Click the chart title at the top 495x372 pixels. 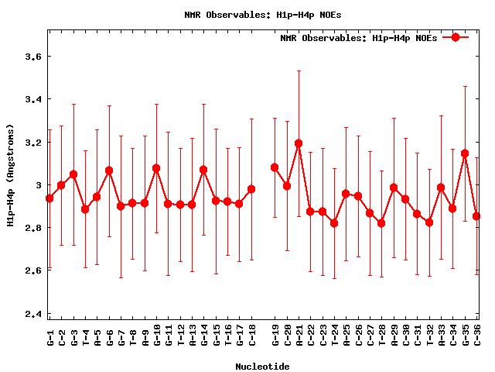(252, 14)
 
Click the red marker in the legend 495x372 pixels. (456, 37)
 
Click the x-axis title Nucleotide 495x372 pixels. (263, 366)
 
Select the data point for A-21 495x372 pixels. (299, 143)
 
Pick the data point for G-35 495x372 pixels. (465, 153)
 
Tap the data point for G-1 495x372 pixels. (49, 198)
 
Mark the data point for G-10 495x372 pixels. (156, 168)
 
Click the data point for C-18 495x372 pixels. (251, 189)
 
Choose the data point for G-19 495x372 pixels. (275, 167)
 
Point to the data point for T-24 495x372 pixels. (334, 223)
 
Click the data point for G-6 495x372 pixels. (109, 170)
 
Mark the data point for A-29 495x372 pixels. (394, 188)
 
